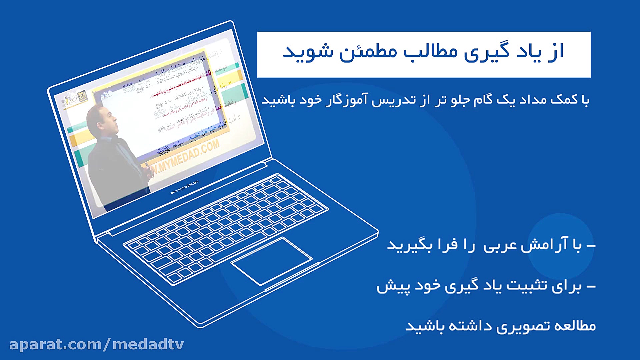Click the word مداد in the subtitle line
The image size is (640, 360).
tap(533, 100)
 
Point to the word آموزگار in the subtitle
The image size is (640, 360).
tap(347, 100)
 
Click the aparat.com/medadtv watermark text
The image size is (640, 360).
tap(97, 344)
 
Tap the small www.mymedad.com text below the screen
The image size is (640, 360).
tap(184, 187)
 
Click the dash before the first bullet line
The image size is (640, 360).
tap(591, 246)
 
